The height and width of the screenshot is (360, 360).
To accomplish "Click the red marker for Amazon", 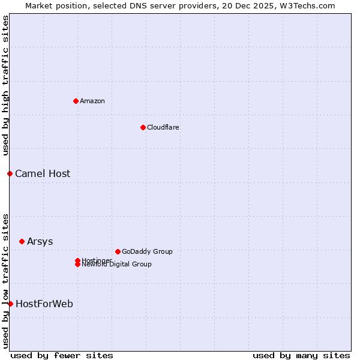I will pos(76,101).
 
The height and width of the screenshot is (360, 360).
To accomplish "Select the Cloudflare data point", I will pos(143,127).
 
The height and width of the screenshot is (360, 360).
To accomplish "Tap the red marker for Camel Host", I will pos(10,173).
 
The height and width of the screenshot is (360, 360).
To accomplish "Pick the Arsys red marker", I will pos(22,241).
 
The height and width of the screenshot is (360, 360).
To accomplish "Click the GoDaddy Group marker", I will pos(118,251).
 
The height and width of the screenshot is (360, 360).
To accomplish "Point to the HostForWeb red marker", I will pos(10,304).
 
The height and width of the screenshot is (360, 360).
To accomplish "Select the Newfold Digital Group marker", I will pos(77,265).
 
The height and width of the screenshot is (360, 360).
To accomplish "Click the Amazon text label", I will pos(92,101).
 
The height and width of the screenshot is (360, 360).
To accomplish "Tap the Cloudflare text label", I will pos(163,127).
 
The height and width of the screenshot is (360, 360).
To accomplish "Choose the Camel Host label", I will pos(43,173).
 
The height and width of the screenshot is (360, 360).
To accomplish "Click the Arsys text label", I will pos(40,241).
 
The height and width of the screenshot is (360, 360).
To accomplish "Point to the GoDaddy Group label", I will pos(147,251).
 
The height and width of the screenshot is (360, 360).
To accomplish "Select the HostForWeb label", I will pos(44,304).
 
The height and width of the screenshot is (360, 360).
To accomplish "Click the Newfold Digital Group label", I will pos(116,265).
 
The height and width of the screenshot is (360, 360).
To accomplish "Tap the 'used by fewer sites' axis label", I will pos(62,355).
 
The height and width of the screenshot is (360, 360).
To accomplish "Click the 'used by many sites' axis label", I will pos(301,355).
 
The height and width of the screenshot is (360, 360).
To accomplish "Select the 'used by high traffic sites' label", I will pos(5,86).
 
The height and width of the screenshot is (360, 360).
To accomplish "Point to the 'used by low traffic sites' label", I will pos(5,281).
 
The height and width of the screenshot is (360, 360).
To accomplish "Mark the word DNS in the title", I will pos(137,5).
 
